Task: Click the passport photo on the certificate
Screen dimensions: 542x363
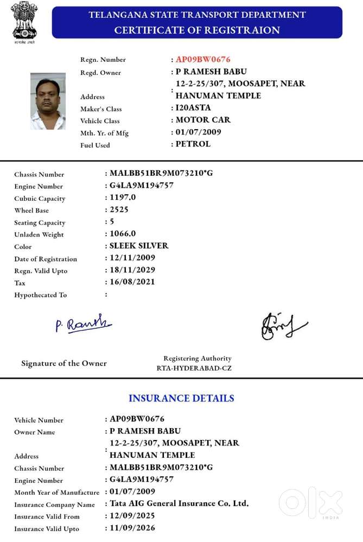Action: (x=48, y=101)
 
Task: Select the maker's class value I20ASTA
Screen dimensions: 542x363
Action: (x=193, y=108)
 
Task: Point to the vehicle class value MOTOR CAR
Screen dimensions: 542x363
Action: (x=203, y=120)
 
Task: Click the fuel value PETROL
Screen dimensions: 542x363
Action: (x=193, y=144)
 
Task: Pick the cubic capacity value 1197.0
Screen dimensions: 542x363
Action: (x=123, y=197)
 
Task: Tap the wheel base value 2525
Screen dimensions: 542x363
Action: (x=119, y=209)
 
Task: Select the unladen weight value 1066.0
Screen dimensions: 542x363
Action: (x=123, y=234)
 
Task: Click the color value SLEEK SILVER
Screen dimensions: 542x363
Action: (x=139, y=246)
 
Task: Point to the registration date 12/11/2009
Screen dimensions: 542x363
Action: (x=132, y=258)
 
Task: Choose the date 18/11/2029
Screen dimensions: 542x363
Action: (x=132, y=270)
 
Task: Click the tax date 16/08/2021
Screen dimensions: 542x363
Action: (x=132, y=282)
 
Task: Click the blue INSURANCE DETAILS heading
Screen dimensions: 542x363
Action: (x=181, y=398)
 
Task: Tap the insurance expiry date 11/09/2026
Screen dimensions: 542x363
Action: (x=132, y=527)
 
